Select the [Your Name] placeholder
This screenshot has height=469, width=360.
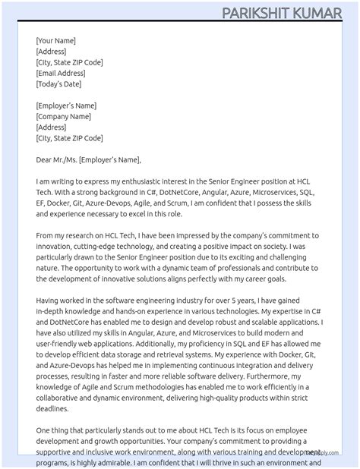(55, 40)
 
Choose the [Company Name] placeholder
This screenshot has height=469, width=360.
(64, 116)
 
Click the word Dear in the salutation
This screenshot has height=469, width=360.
(44, 159)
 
